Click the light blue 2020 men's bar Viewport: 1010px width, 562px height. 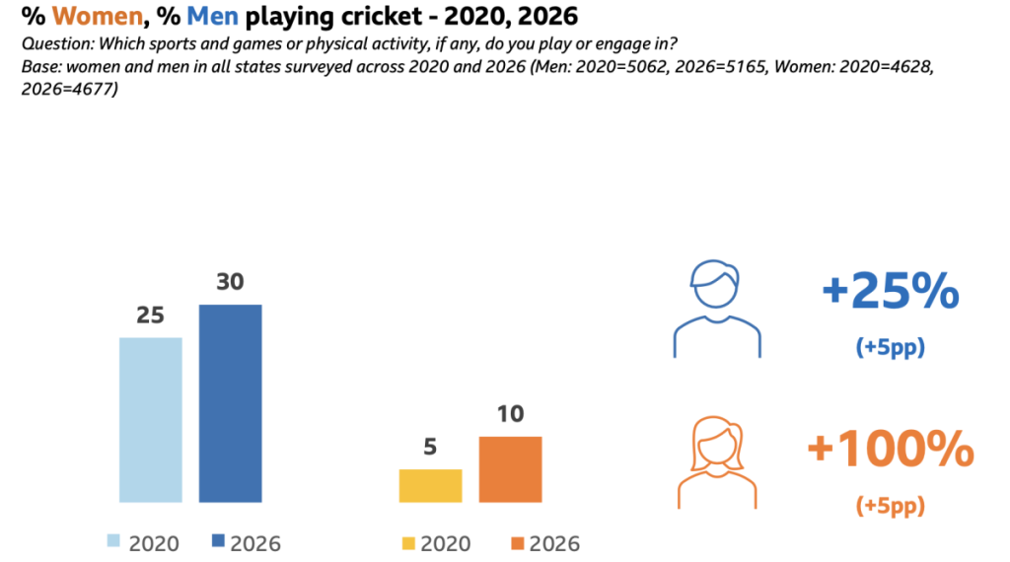[151, 420]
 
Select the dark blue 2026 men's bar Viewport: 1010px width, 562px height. [231, 403]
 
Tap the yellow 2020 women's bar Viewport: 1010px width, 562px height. [430, 485]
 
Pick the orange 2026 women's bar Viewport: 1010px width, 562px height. [510, 469]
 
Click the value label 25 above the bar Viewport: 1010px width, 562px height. [151, 316]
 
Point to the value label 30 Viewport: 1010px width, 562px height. [231, 282]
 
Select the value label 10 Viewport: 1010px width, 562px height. [510, 414]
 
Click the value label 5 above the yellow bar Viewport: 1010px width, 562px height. [430, 447]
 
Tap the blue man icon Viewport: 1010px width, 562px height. [717, 309]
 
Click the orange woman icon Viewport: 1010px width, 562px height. [717, 463]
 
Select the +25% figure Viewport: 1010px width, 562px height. [890, 292]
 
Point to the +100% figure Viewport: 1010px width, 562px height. [890, 450]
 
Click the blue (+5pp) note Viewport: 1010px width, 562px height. [890, 349]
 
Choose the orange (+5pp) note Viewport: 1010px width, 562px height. [890, 507]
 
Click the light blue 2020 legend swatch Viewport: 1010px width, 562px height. [113, 541]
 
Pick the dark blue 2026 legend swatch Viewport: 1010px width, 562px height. [218, 541]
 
